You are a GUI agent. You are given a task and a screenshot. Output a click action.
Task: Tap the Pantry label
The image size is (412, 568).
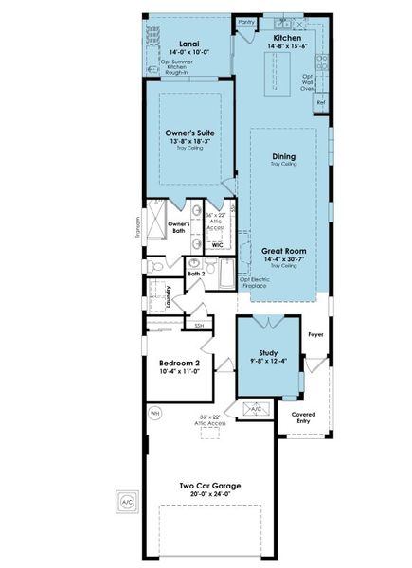pyautogui.click(x=246, y=20)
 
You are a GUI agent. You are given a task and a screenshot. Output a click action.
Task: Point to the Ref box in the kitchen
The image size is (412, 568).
pyautogui.click(x=321, y=101)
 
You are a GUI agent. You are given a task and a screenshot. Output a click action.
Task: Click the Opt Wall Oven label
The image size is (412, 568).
pyautogui.click(x=307, y=82)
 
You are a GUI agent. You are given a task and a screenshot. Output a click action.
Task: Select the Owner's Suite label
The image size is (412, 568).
pyautogui.click(x=189, y=133)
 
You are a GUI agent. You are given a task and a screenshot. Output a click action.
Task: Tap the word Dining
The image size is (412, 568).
pyautogui.click(x=283, y=156)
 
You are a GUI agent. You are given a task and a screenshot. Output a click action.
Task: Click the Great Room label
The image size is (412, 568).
pyautogui.click(x=283, y=250)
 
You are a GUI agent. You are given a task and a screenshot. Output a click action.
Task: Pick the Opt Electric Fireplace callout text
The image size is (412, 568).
pyautogui.click(x=256, y=283)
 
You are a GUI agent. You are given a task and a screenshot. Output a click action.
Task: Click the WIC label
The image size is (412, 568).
pyautogui.click(x=217, y=244)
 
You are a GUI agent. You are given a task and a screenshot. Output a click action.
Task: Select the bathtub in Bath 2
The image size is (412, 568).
pyautogui.click(x=226, y=275)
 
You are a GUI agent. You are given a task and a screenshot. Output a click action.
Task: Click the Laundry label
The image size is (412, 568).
pyautogui.click(x=168, y=296)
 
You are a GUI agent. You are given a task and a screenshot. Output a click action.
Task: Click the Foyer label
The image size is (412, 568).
pyautogui.click(x=316, y=334)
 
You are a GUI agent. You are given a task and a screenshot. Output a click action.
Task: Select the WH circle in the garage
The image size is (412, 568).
pyautogui.click(x=155, y=413)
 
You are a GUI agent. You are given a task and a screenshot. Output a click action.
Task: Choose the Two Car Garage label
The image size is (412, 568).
pyautogui.click(x=210, y=486)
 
